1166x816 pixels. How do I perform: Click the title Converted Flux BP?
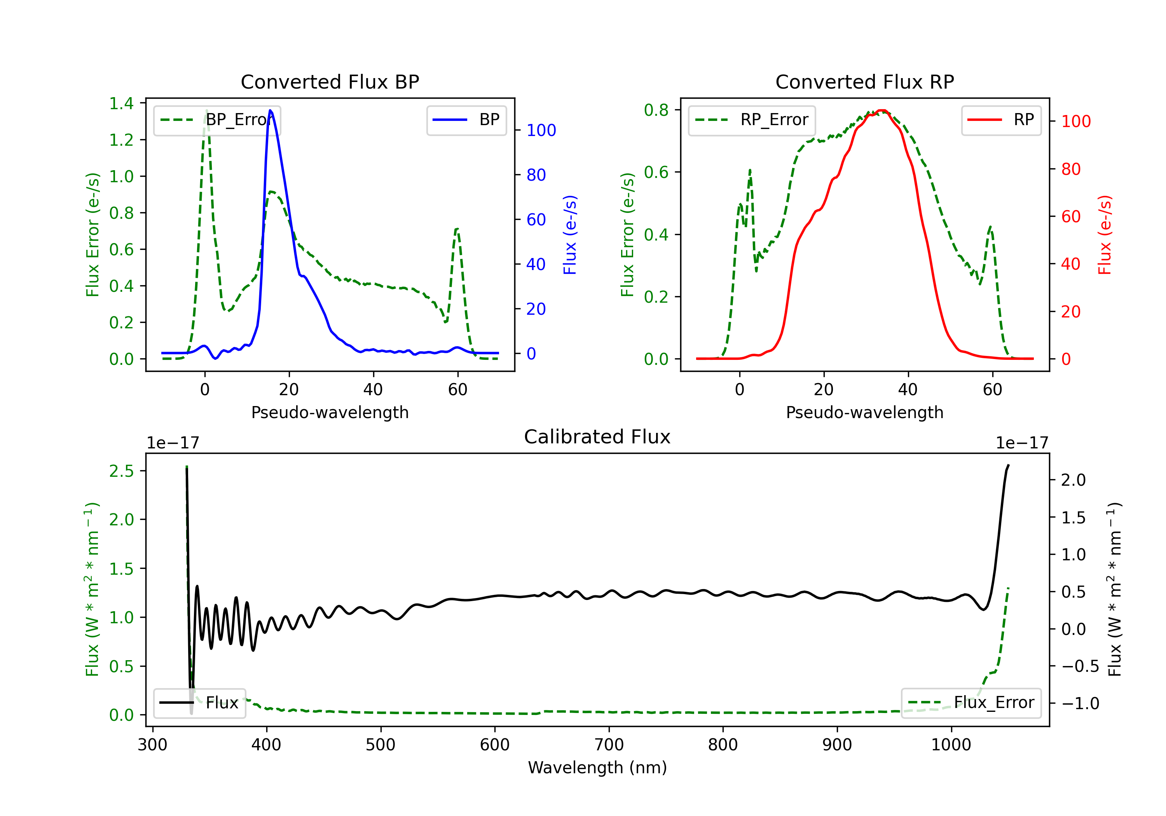pos(330,82)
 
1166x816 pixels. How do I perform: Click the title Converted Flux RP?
pos(864,82)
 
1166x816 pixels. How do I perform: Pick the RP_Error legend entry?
pos(752,120)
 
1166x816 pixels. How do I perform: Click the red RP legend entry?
pos(1001,120)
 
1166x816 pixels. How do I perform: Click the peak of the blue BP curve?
pos(270,110)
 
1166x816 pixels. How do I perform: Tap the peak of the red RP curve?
pos(883,111)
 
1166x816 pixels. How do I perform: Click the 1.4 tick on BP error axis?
pos(121,104)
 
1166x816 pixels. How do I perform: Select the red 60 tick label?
pos(1070,217)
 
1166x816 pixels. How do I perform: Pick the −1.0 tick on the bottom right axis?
pos(1080,703)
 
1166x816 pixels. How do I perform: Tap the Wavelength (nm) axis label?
pos(597,767)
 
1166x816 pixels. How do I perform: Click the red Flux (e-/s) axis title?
pos(1105,235)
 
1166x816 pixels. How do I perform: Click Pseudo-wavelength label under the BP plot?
pos(330,412)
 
